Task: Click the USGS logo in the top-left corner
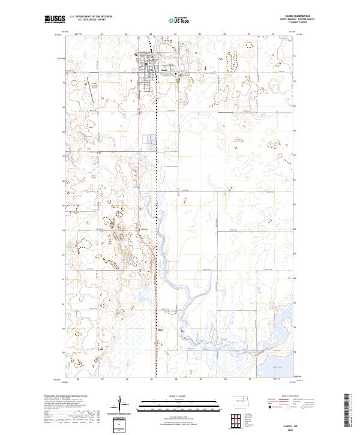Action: point(55,19)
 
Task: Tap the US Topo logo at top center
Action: point(180,20)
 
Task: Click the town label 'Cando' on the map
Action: point(164,69)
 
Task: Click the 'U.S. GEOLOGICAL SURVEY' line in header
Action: point(91,20)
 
